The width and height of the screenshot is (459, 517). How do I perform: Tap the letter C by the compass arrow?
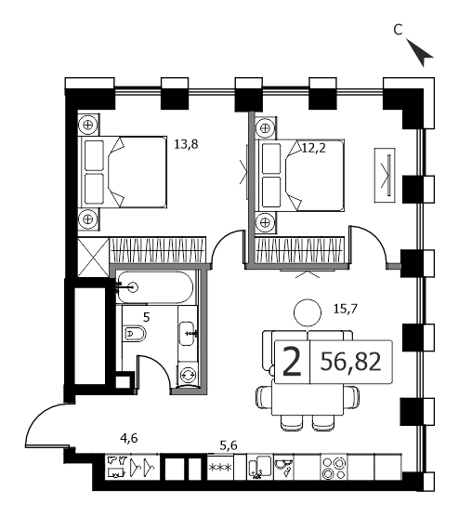[x=398, y=30]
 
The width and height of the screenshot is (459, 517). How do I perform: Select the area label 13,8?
[x=186, y=144]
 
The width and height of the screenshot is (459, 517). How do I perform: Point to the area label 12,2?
[x=314, y=148]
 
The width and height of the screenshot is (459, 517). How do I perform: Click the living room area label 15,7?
[x=346, y=309]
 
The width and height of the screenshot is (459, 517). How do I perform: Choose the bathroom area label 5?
[x=146, y=317]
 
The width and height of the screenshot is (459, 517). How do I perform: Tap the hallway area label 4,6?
[x=129, y=438]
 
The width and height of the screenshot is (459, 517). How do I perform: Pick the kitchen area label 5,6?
[x=229, y=445]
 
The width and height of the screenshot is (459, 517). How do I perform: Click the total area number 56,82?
[x=350, y=362]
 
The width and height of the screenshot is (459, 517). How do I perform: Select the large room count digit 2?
[x=293, y=363]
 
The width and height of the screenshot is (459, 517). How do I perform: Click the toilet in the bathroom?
[x=135, y=335]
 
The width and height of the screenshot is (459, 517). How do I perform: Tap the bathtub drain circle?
[x=134, y=287]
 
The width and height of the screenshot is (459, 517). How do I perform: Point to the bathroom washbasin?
[x=188, y=333]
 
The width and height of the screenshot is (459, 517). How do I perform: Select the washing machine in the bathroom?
[x=188, y=375]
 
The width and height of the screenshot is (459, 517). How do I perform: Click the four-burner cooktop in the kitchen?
[x=334, y=468]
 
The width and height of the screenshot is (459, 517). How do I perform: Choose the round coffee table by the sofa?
[x=308, y=312]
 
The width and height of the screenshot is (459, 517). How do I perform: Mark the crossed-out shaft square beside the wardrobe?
[x=93, y=258]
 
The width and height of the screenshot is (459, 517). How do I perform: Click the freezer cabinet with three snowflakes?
[x=220, y=468]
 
